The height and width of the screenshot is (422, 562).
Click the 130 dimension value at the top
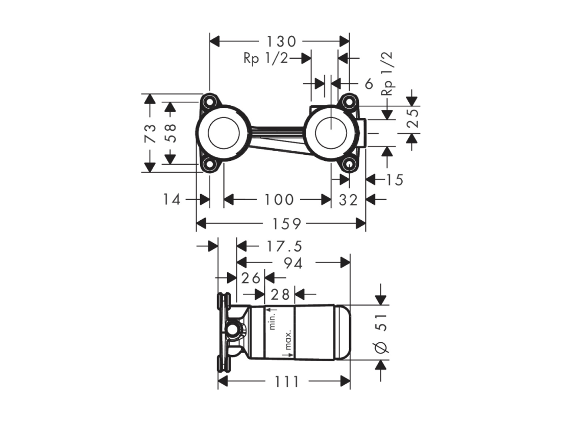tap(281, 41)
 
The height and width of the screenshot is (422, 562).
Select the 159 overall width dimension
tap(286, 224)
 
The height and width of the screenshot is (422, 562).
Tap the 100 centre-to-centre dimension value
tap(279, 200)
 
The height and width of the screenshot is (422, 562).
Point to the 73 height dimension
tap(151, 133)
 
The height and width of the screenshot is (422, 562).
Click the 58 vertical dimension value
tap(172, 133)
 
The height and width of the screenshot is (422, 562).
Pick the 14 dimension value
tap(172, 200)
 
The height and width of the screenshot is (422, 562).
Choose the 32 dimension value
tap(349, 200)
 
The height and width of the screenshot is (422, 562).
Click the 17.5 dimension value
tap(284, 247)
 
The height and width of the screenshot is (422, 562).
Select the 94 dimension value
tap(293, 264)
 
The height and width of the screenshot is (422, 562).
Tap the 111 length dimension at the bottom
tap(287, 382)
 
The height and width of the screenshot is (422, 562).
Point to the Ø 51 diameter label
tap(381, 334)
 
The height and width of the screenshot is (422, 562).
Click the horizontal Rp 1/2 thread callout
tap(265, 58)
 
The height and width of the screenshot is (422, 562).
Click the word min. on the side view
tap(272, 321)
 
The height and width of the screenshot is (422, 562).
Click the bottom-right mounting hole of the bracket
tap(349, 165)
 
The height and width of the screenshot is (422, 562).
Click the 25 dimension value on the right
tap(413, 118)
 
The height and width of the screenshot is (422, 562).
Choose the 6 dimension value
tap(369, 84)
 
